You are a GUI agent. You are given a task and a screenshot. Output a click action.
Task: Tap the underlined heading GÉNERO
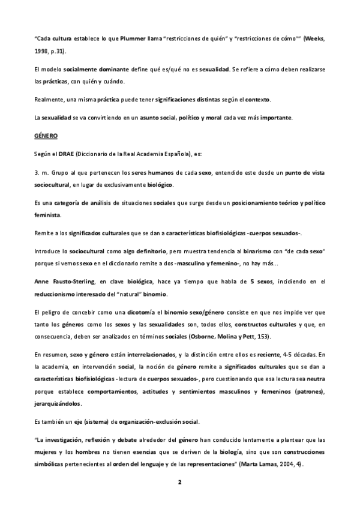point(46,136)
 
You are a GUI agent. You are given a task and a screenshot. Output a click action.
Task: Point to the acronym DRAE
point(65,155)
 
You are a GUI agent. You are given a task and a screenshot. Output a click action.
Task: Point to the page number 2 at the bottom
point(179,482)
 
